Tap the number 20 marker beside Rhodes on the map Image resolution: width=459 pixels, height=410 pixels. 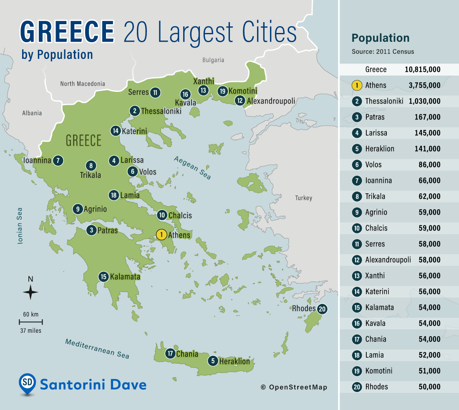(x=322, y=309)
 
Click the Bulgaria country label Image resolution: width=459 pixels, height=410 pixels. (x=213, y=60)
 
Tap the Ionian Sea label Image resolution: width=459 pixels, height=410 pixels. (x=20, y=225)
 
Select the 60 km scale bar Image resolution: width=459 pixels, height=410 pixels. (x=30, y=322)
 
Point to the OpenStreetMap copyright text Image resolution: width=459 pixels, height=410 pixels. (x=294, y=387)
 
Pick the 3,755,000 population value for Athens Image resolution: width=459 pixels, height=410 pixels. (x=423, y=86)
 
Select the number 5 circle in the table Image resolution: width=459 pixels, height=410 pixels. (x=357, y=149)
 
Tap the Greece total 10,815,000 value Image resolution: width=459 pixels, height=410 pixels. (x=422, y=70)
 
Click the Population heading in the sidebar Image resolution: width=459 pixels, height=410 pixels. (x=381, y=38)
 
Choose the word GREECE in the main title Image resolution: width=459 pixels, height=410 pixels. (x=67, y=32)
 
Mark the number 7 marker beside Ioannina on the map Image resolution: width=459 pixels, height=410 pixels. (x=58, y=160)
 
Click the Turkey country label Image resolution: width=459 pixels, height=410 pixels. (x=303, y=198)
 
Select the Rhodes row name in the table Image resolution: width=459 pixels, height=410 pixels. (x=376, y=387)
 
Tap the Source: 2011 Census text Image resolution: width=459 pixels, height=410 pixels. (x=383, y=52)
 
